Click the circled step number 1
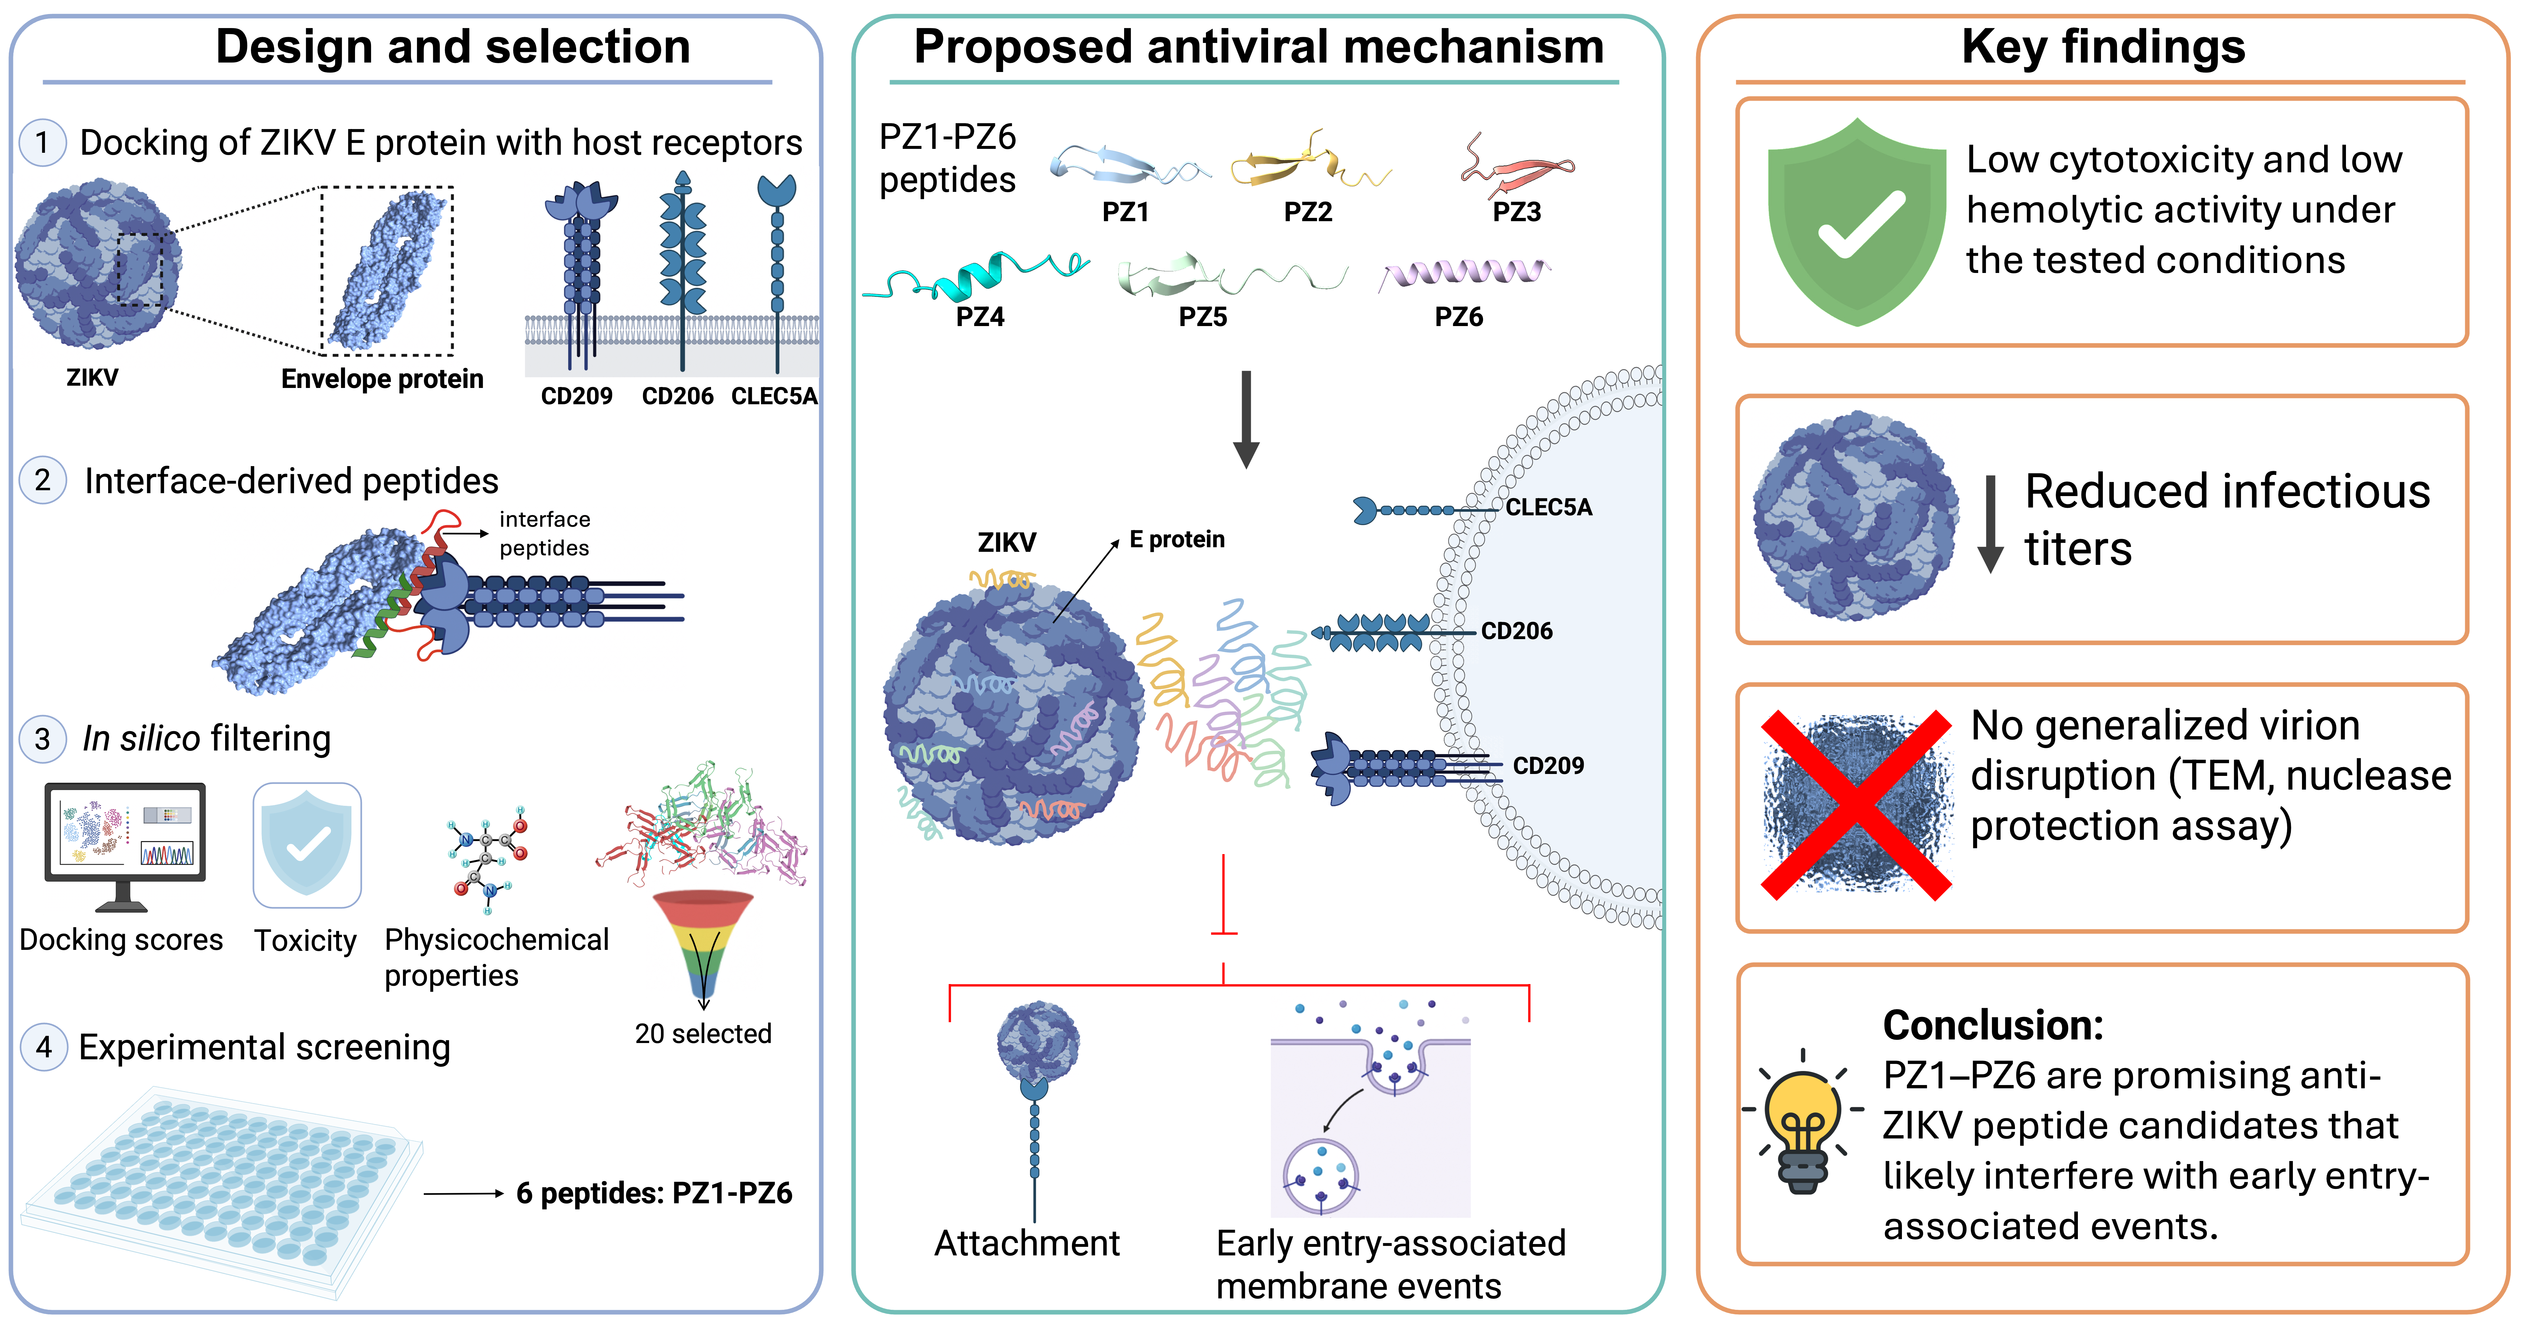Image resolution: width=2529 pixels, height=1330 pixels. [42, 142]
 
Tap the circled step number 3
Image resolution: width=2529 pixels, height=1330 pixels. [42, 738]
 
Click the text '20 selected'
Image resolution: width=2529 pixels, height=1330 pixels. [703, 1034]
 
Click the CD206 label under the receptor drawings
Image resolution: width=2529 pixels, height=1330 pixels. [678, 396]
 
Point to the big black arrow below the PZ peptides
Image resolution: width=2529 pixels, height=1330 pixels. [1246, 419]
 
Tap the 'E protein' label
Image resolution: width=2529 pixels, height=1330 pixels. [1177, 540]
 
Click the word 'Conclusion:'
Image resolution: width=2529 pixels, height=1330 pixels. [1993, 1026]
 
